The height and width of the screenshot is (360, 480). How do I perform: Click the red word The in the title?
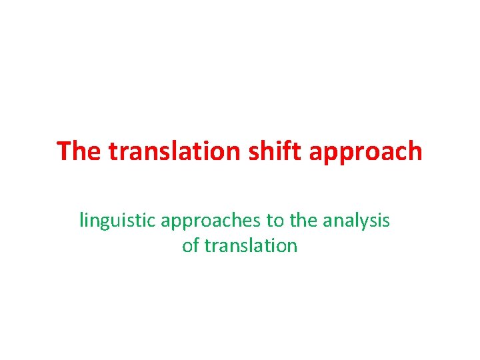pos(80,151)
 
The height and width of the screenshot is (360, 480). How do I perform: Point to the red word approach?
pos(363,153)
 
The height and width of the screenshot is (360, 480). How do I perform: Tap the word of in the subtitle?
pos(191,245)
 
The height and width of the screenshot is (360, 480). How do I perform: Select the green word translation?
pos(251,245)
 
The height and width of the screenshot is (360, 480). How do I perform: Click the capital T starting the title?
pos(64,151)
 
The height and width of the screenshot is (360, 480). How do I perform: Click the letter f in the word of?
pos(196,245)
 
